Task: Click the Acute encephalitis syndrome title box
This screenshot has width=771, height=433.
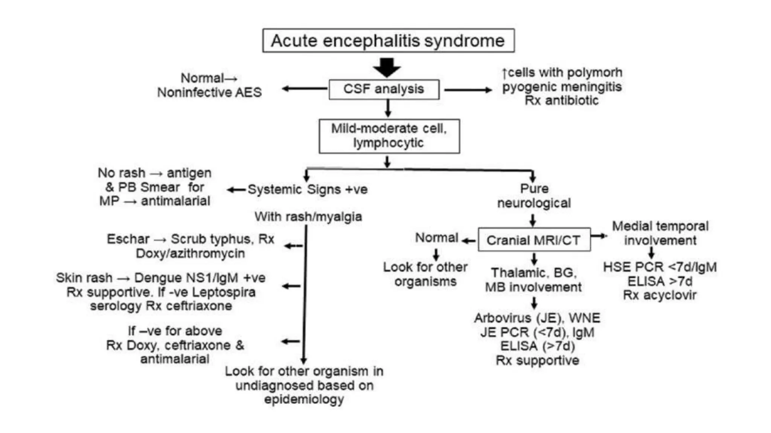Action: (388, 41)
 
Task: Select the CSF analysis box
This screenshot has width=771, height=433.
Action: (384, 89)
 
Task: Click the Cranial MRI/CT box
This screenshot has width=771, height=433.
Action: (534, 240)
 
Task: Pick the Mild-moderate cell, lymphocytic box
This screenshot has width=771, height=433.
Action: (389, 136)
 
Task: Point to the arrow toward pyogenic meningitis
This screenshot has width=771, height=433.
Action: (468, 90)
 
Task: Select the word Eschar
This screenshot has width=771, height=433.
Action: (128, 239)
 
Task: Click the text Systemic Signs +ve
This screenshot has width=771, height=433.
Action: (308, 189)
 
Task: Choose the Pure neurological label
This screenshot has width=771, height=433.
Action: (534, 196)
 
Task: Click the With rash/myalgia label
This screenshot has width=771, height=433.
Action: (308, 217)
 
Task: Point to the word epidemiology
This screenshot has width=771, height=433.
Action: (304, 399)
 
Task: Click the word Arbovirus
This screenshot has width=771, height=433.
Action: (502, 318)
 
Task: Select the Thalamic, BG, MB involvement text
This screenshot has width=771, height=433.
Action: (533, 280)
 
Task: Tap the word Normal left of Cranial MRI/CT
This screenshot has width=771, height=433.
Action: (436, 238)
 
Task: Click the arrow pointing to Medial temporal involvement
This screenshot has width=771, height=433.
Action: (599, 236)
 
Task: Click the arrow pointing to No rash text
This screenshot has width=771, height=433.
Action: (236, 190)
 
